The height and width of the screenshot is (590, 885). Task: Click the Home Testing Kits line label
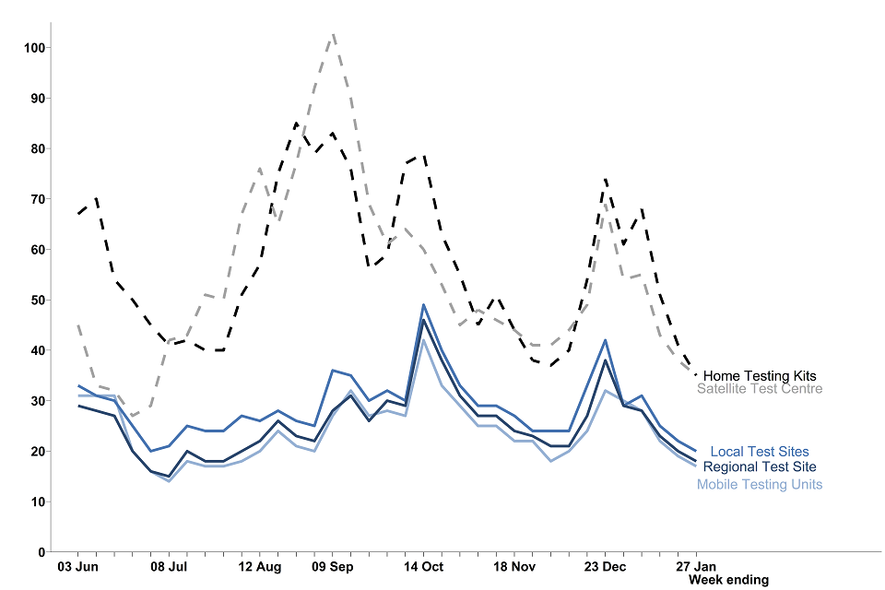pyautogui.click(x=759, y=376)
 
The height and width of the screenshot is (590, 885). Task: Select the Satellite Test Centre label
pyautogui.click(x=760, y=389)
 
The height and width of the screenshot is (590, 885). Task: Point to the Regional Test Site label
pyautogui.click(x=759, y=466)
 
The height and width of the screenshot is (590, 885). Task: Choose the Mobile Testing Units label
pyautogui.click(x=760, y=484)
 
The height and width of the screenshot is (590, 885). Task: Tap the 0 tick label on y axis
pyautogui.click(x=41, y=551)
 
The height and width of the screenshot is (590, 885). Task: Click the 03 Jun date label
pyautogui.click(x=77, y=566)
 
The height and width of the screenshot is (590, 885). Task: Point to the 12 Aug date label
pyautogui.click(x=259, y=566)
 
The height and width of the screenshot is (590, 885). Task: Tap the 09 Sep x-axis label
pyautogui.click(x=333, y=566)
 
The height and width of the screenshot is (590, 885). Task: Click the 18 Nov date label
pyautogui.click(x=514, y=566)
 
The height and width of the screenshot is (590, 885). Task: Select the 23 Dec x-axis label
pyautogui.click(x=605, y=566)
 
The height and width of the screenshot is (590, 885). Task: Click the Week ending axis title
pyautogui.click(x=728, y=580)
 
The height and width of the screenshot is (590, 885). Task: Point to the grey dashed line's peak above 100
pyautogui.click(x=333, y=33)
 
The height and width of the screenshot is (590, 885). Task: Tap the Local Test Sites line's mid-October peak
pyautogui.click(x=423, y=304)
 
